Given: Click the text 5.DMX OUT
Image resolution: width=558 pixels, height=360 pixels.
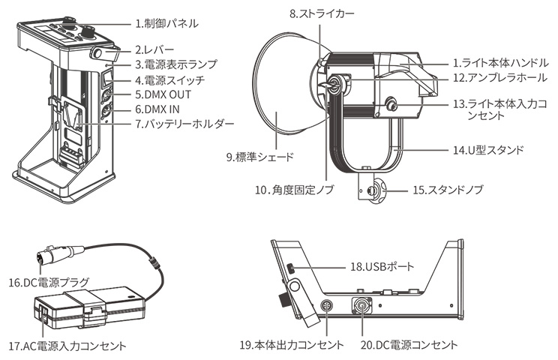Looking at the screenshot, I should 163,94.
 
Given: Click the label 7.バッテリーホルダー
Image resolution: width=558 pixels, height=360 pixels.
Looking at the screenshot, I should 184,123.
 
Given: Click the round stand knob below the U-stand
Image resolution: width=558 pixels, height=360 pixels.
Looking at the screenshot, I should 373,191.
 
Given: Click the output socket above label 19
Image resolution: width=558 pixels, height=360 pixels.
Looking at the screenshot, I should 327,307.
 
